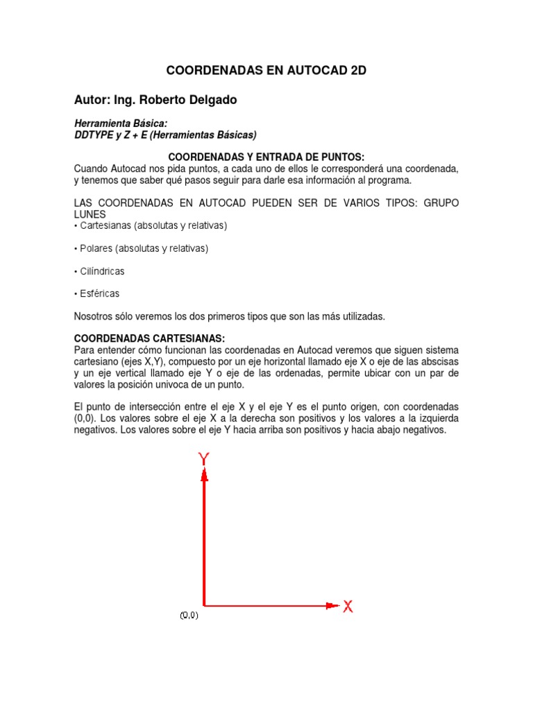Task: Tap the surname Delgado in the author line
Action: (x=209, y=100)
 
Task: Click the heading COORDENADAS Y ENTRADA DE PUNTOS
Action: (x=266, y=158)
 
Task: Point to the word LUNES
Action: (x=90, y=215)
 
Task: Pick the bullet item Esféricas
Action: (x=100, y=293)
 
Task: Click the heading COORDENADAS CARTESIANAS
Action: (x=149, y=338)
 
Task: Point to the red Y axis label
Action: (x=204, y=458)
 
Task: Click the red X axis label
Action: (x=348, y=607)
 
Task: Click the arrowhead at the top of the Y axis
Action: (x=204, y=475)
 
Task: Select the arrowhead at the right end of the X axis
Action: (x=331, y=605)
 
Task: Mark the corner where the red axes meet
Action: (x=204, y=605)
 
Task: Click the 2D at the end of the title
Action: (x=355, y=71)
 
